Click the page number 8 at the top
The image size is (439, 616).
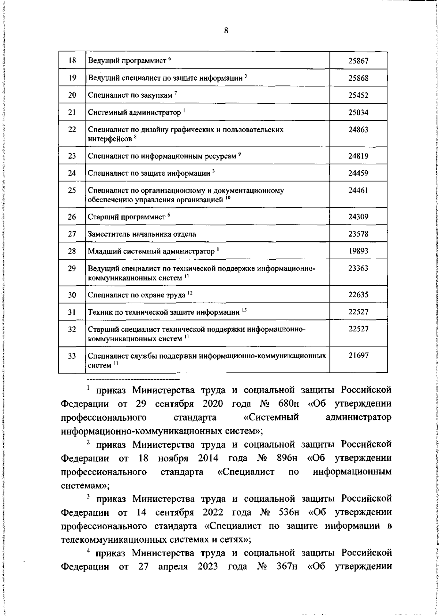[x=226, y=31]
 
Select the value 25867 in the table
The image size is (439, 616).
[x=358, y=61]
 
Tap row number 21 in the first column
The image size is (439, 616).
[x=72, y=112]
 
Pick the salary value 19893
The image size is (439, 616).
[x=358, y=251]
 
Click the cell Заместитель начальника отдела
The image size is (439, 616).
[x=142, y=234]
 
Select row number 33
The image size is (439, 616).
[x=72, y=356]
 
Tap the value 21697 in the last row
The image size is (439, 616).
[x=358, y=356]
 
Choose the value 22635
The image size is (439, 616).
[x=358, y=295]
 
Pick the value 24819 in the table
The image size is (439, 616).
[x=358, y=156]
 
